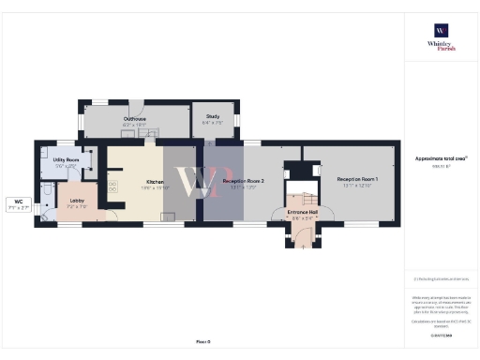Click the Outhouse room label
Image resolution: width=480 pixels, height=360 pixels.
click(134, 119)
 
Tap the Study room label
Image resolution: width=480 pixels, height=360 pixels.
click(212, 116)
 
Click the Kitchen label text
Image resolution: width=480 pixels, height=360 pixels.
click(156, 182)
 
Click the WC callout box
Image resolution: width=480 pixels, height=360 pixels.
click(19, 203)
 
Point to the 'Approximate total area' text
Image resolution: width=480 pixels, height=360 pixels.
click(441, 158)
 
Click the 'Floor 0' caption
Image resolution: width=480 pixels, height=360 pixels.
click(202, 342)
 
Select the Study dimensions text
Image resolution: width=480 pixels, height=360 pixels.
click(212, 122)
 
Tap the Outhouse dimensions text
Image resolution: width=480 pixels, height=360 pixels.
click(134, 125)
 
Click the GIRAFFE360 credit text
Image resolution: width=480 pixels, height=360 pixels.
click(441, 335)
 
